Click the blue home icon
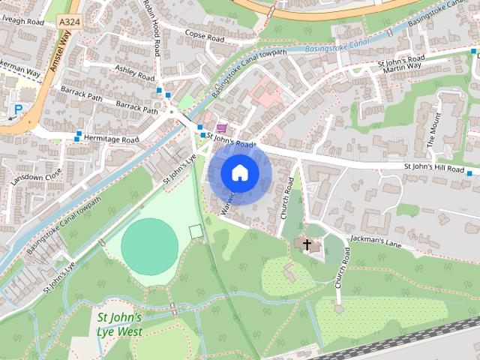coord(238,173)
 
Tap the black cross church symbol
coord(306,244)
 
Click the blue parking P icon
coord(16,110)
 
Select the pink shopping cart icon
coord(221,128)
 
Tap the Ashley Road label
coord(134,73)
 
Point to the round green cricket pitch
coord(150,242)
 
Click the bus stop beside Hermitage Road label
coord(79,135)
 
